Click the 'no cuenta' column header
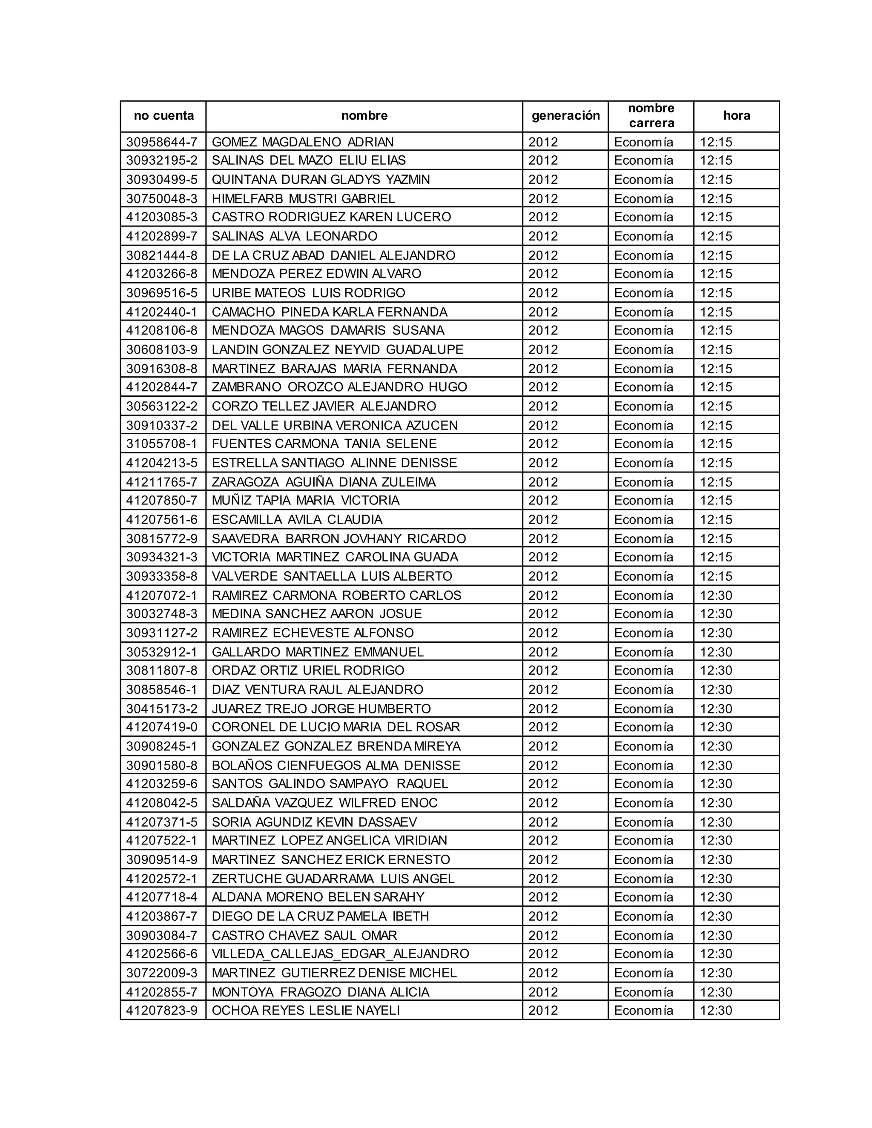(x=163, y=116)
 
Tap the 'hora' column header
(x=736, y=116)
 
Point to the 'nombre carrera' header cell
(x=651, y=116)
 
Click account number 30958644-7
(x=162, y=142)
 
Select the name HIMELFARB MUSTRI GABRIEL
(x=303, y=199)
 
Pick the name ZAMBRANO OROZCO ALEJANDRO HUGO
(x=339, y=387)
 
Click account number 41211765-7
(x=162, y=482)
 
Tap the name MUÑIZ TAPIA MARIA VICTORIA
(x=305, y=501)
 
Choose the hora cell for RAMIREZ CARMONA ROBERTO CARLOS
(x=716, y=595)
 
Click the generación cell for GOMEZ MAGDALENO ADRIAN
(x=543, y=142)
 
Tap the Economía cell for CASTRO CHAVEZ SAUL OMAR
(x=643, y=935)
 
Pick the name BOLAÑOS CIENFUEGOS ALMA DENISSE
(x=336, y=765)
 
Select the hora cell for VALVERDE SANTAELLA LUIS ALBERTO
(x=716, y=576)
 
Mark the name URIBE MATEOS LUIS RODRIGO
(x=308, y=293)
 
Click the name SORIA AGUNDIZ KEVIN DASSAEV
(x=314, y=822)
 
